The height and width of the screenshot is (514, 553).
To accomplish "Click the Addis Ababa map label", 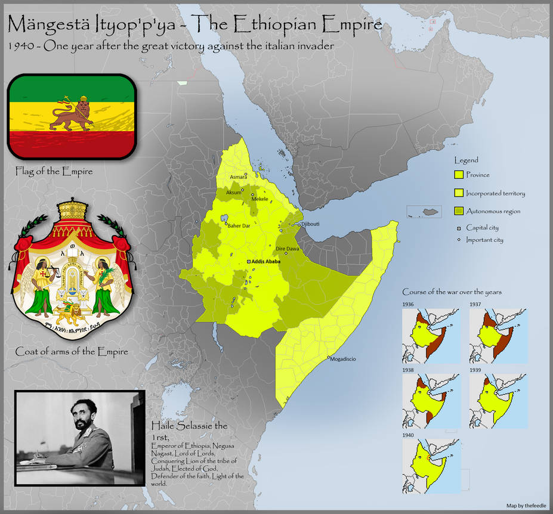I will coord(266,262).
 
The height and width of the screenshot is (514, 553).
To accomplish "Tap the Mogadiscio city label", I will coord(343,359).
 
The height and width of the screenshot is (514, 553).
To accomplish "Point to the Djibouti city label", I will coord(311,224).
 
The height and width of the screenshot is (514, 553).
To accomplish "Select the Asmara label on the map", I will coord(238,177).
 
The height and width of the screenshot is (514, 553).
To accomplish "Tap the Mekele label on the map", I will coord(260,199).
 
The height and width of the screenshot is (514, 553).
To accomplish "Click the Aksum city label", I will coord(233,192).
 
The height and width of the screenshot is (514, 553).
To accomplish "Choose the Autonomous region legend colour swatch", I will coord(459,211).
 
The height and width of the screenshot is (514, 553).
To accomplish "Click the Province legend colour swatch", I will coord(459,175).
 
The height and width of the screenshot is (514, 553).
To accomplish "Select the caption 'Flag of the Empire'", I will coord(54,172).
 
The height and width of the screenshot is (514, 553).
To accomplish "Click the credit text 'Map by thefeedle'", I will coord(526,506).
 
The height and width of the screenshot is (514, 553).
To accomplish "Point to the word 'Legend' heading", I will coord(466,160).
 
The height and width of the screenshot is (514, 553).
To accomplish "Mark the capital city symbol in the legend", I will coord(459,228).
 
